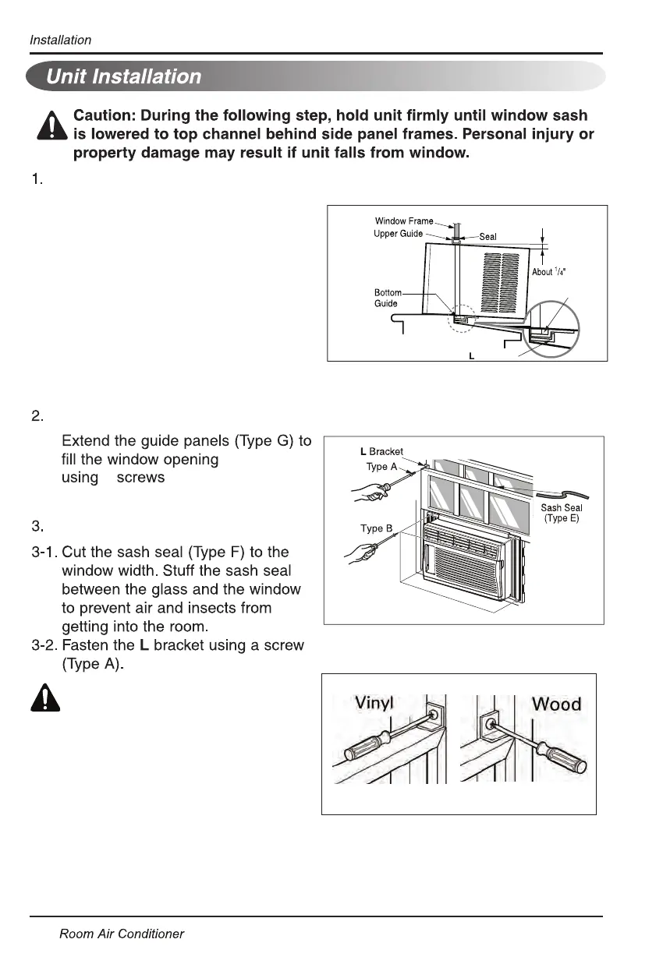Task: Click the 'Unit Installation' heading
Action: [x=123, y=76]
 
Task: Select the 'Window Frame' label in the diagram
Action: [x=403, y=221]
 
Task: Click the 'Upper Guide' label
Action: [x=399, y=234]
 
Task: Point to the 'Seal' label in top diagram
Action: [x=487, y=237]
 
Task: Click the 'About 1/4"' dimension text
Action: [x=548, y=271]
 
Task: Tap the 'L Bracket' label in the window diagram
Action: [x=381, y=451]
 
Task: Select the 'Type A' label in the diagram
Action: [x=381, y=467]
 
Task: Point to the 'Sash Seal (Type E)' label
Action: [x=562, y=513]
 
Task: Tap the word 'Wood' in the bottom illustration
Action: [x=555, y=704]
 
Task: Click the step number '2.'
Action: [x=37, y=417]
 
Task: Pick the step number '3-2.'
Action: [x=44, y=645]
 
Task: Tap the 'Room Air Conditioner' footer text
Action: [x=122, y=934]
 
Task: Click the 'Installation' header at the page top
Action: [x=60, y=40]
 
